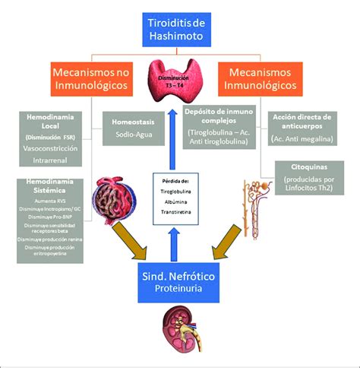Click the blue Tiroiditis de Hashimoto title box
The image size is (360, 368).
pos(180,28)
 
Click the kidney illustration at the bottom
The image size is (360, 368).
pos(181,329)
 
